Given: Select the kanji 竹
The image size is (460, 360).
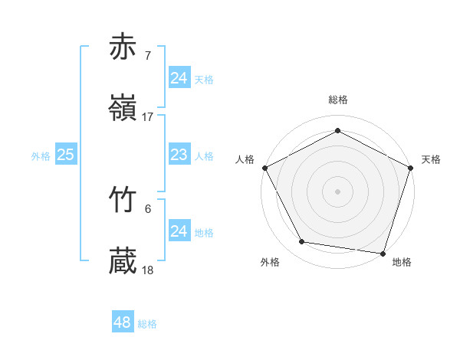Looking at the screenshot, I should (123, 199).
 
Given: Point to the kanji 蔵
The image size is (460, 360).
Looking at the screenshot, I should (123, 261).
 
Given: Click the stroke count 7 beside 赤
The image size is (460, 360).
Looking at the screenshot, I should (147, 55).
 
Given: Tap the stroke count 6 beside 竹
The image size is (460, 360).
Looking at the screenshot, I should (147, 208).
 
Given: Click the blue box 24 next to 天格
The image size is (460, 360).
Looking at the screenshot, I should (179, 77).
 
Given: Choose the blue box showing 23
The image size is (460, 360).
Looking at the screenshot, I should (179, 155).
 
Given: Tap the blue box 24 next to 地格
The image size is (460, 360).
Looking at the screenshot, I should (179, 231).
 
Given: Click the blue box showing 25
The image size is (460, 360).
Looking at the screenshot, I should (66, 155).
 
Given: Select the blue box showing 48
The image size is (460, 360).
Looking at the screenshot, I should (122, 322).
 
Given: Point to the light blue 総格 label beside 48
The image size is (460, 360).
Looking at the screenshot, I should (147, 324).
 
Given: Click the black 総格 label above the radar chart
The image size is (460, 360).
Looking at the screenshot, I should (337, 100).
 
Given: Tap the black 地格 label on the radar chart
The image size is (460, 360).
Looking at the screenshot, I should (402, 263).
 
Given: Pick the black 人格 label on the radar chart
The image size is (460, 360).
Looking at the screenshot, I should (245, 159).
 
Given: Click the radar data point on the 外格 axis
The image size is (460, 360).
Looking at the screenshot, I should (302, 242).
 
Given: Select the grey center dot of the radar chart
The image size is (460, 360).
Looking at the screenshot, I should (337, 191).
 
